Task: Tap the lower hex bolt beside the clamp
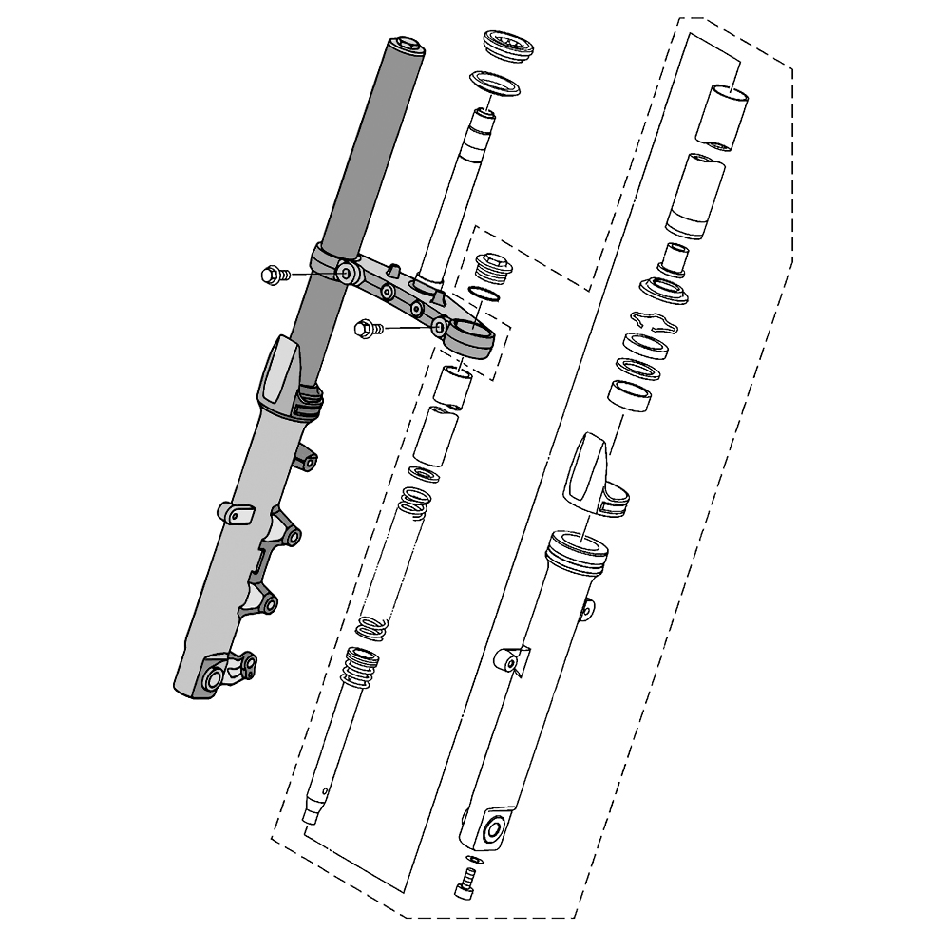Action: [x=365, y=329]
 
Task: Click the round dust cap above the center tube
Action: [x=508, y=46]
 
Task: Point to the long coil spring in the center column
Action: [x=389, y=560]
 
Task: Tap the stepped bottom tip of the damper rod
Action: [x=312, y=814]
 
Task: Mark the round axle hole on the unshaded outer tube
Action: [x=494, y=831]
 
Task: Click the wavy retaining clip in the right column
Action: [x=655, y=322]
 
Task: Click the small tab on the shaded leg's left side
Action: [x=234, y=514]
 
